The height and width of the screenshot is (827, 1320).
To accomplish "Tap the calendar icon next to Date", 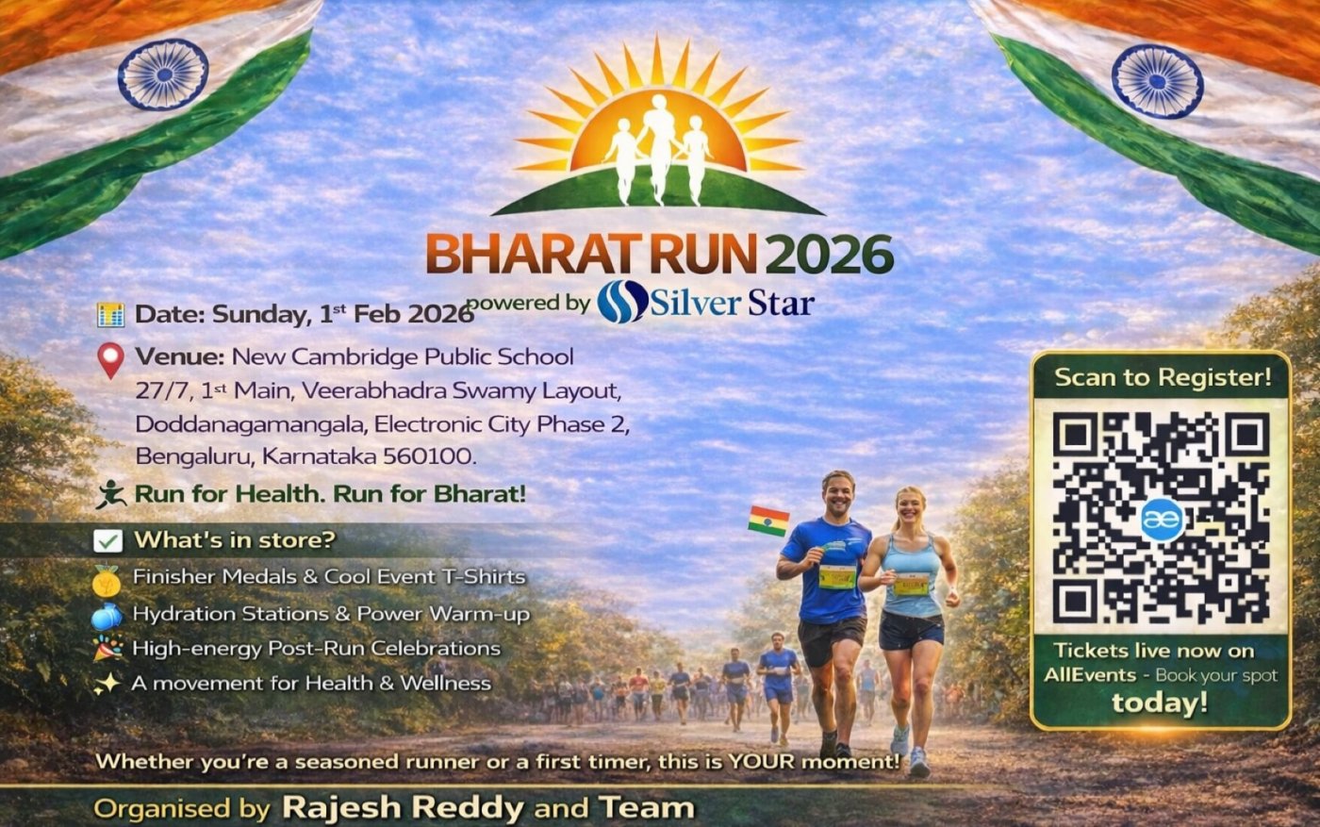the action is (x=111, y=315).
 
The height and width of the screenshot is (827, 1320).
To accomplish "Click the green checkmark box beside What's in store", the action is (x=107, y=540).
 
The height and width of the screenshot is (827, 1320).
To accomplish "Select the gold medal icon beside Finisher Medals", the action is (x=107, y=580).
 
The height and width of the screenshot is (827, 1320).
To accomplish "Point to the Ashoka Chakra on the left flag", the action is (x=163, y=74).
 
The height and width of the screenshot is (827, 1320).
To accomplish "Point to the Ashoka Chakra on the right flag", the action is (x=1158, y=81).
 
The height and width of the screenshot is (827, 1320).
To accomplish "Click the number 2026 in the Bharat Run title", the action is (x=830, y=254).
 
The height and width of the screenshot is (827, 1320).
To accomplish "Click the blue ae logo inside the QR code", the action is (x=1162, y=520).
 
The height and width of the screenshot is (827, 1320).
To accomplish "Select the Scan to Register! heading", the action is (x=1163, y=377).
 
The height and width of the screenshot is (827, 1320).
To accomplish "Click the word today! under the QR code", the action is (x=1160, y=703).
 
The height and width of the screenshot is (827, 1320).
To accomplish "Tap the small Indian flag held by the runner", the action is (x=768, y=521).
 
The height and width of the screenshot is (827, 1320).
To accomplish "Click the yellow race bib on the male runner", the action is (x=837, y=576).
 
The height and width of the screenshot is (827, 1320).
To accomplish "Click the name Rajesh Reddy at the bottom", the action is (x=404, y=807).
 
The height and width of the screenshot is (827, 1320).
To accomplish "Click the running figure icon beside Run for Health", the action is (x=111, y=494).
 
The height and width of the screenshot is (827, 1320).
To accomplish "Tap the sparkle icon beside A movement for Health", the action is (x=107, y=684).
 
